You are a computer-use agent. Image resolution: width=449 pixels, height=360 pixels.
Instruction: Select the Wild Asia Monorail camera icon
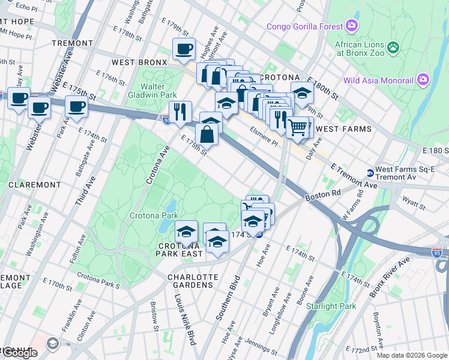[x=423, y=80]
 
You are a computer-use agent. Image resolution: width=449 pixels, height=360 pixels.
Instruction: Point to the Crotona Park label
[x=154, y=215]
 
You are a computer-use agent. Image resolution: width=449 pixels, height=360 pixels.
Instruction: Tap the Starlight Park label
[x=331, y=306]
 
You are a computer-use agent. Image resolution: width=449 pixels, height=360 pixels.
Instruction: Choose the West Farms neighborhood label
[x=343, y=129]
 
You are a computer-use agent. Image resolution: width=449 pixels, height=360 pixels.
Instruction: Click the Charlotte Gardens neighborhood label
[x=193, y=280]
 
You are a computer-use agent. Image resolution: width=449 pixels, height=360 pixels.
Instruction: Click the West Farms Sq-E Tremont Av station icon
[x=370, y=173]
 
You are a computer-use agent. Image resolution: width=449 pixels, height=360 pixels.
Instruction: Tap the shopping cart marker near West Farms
[x=298, y=127]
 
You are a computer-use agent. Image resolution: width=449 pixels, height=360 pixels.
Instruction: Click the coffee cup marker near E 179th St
[x=184, y=49]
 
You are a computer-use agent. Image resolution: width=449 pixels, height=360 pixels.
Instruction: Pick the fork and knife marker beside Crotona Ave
[x=180, y=111]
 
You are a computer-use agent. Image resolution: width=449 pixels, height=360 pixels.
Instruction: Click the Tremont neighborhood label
[x=72, y=43]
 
